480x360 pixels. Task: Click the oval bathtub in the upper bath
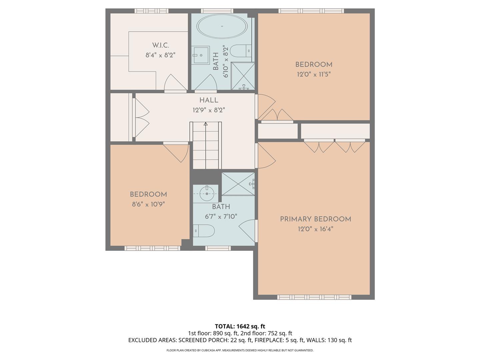point(222,26)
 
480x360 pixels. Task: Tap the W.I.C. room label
point(160,45)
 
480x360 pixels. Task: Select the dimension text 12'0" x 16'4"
point(315,229)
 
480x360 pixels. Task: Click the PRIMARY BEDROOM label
point(315,219)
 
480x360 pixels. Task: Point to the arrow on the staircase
point(206,124)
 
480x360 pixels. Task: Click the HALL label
point(209,100)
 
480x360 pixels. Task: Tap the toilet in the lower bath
point(204,230)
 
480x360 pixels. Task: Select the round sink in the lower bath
point(207,193)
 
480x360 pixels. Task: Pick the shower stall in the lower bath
point(238,184)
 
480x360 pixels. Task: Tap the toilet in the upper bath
point(240,51)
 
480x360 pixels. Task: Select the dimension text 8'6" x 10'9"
point(148,204)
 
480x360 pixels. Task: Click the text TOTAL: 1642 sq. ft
point(240,326)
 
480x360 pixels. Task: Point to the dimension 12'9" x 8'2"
point(209,110)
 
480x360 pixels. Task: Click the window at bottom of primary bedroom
point(314,297)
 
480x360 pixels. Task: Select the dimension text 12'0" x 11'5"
point(314,74)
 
